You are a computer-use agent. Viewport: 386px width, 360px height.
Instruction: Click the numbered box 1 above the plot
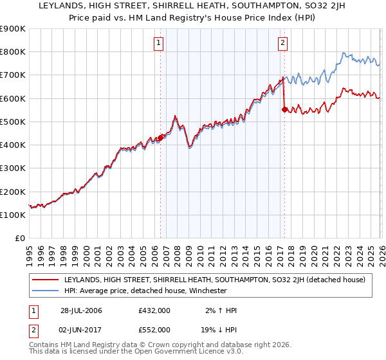[158, 44]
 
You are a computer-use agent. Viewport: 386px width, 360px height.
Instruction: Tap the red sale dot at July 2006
[160, 136]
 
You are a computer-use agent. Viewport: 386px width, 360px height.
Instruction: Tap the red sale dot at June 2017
[284, 109]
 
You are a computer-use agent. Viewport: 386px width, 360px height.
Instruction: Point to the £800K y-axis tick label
[13, 52]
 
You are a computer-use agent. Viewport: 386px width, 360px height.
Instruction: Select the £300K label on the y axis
[13, 168]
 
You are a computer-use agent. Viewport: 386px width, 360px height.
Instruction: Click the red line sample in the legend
[45, 280]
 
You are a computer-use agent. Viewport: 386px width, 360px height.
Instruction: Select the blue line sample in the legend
[45, 291]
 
